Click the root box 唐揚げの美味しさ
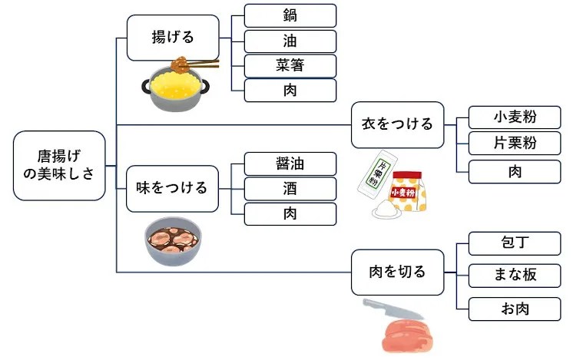coord(59,166)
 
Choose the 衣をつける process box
coord(397,124)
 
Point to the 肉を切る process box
coord(397,272)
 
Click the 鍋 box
coord(290,15)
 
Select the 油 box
coord(290,41)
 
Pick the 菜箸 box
coord(290,66)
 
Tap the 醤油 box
coord(290,163)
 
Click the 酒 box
coord(290,188)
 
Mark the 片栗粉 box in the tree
coord(515,143)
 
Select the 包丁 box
coord(515,244)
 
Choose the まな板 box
coord(515,275)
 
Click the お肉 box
coord(515,309)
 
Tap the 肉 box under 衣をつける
coord(515,171)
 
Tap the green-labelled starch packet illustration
coord(379,180)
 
